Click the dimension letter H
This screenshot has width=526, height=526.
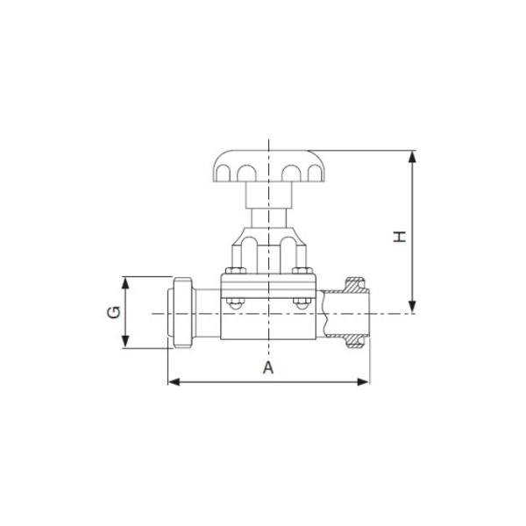coord(400,236)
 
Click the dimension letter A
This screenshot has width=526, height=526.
coord(269,368)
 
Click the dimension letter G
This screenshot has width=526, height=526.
coord(114,313)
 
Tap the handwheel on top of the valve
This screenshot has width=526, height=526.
coord(268,167)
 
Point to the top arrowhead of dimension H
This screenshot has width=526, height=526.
coord(412,156)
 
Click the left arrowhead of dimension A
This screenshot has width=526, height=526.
coord(173,381)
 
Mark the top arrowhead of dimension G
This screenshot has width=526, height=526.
coord(126,282)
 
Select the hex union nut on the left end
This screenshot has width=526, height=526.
coord(181,313)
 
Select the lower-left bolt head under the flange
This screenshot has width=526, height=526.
coord(234,303)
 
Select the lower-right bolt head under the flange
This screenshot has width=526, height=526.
coord(301,303)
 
